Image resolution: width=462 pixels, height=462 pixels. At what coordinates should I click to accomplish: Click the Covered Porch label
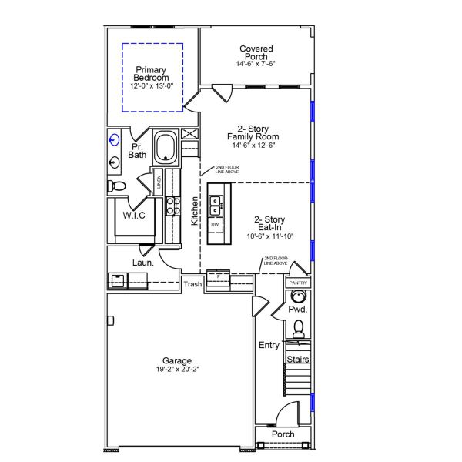256,52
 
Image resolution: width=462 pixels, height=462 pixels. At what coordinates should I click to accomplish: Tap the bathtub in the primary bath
166,147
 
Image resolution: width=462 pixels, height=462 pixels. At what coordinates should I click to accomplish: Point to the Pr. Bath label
137,150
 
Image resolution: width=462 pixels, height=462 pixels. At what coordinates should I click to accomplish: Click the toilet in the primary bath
117,186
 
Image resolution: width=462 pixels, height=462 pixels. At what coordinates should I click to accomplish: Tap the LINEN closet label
159,182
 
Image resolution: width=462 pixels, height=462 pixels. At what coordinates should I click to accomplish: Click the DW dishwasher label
216,224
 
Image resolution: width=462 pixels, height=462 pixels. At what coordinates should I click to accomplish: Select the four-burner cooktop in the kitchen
173,206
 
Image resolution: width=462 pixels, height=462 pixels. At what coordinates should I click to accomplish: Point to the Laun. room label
142,263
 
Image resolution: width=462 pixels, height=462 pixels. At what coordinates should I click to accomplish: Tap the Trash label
193,284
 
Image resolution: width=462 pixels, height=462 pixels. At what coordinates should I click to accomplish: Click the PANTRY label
298,283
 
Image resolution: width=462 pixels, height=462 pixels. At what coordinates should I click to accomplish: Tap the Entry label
269,345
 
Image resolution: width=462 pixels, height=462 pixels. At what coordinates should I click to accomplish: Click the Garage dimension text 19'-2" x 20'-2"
177,370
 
